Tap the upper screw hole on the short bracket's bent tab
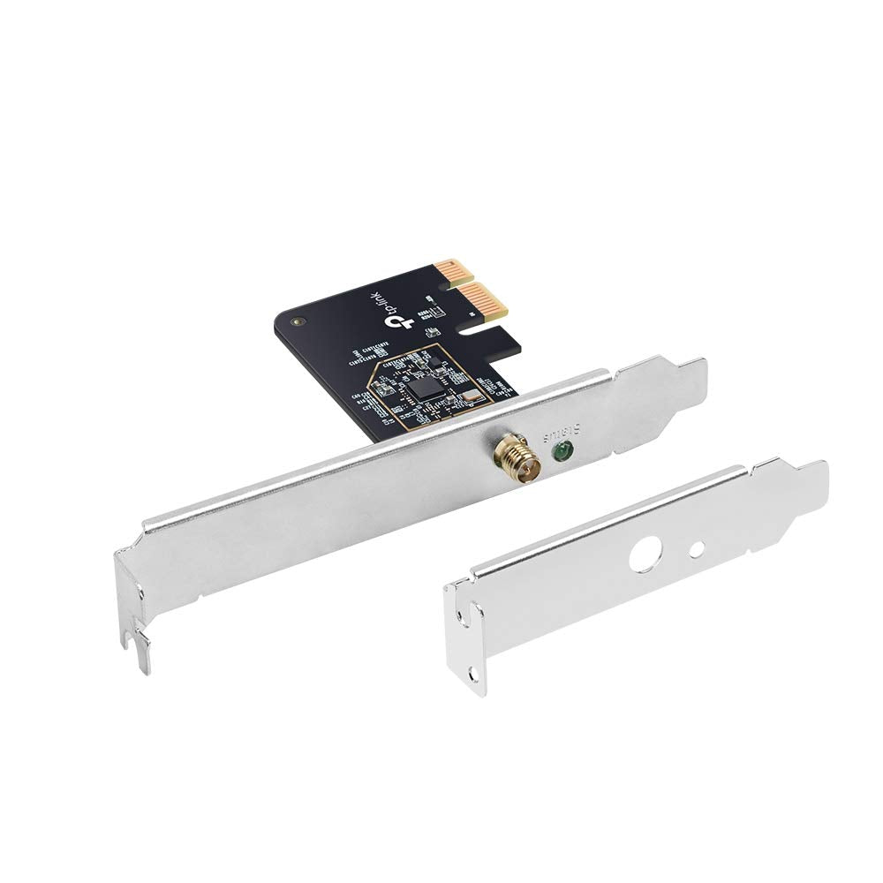[x=459, y=613]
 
